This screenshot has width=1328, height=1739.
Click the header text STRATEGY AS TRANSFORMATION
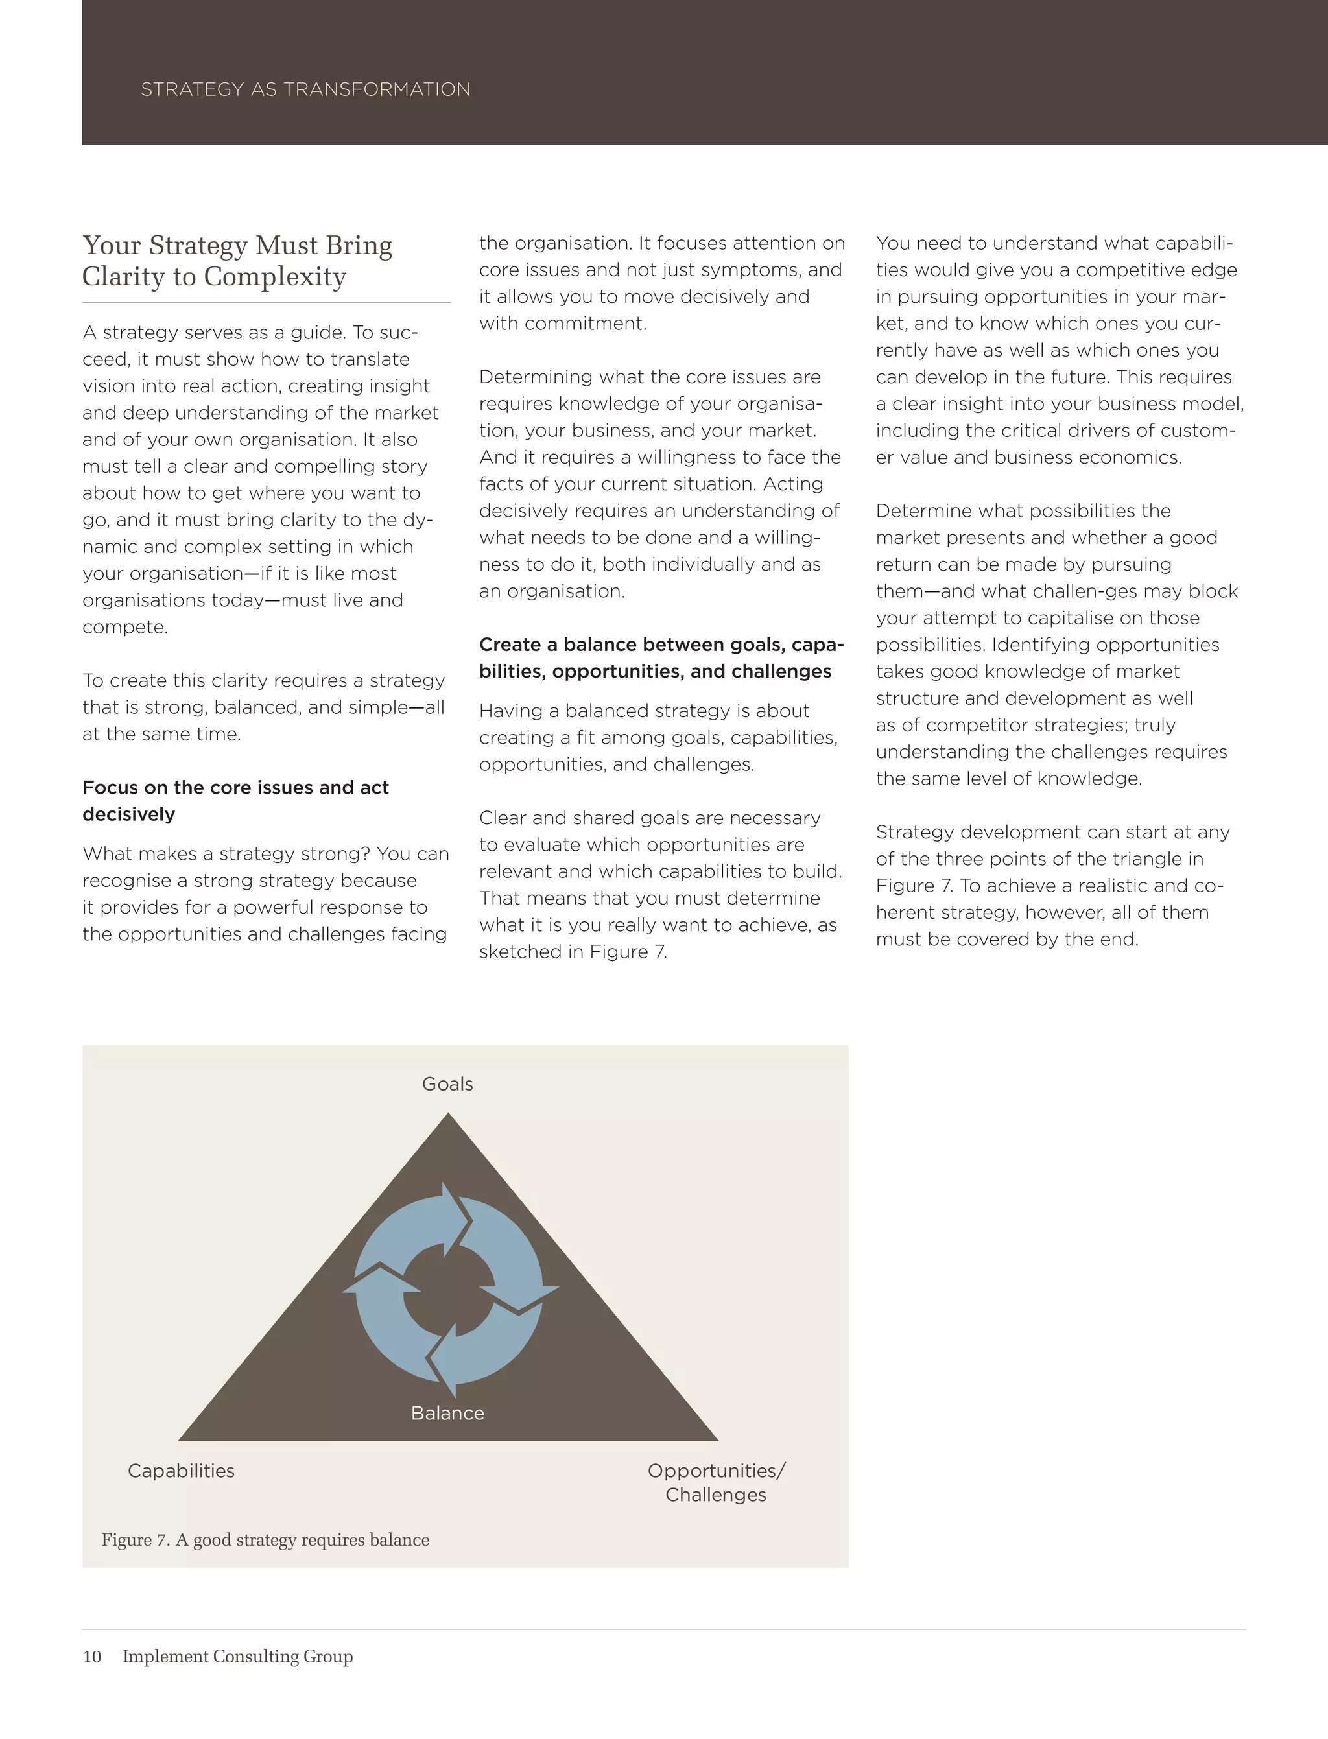point(305,89)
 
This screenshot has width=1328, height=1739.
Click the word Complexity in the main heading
point(274,277)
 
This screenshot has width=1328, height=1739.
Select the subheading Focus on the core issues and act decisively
point(235,800)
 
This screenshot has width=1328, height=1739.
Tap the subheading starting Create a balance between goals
point(661,657)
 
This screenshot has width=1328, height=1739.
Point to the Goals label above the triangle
point(447,1083)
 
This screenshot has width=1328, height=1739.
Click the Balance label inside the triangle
point(447,1413)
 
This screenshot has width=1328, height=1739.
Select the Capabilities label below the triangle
point(181,1471)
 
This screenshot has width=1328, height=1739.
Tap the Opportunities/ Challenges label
point(715,1482)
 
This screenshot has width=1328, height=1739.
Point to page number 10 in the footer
point(91,1656)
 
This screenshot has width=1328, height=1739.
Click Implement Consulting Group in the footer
point(237,1656)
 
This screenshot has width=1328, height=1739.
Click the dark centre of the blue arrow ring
point(448,1291)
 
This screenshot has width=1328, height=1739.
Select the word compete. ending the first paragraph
point(125,627)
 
